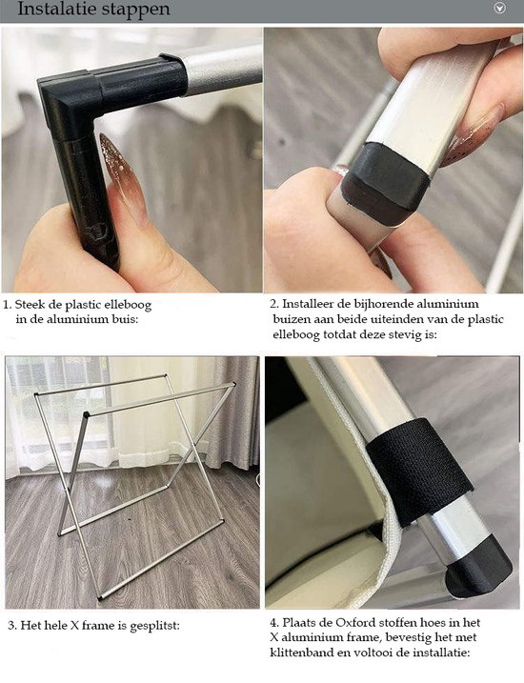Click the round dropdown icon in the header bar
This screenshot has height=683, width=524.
[498, 9]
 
